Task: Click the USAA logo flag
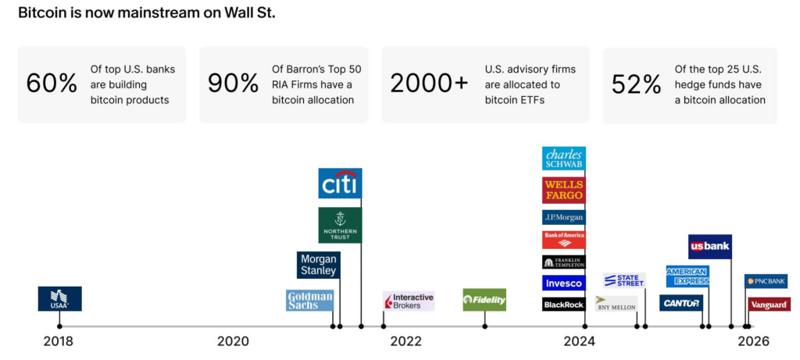[59, 298]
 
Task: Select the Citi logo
[340, 184]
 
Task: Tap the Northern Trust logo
[340, 225]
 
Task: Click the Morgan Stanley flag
[318, 265]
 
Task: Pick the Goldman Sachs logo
[309, 301]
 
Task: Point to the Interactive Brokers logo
[408, 301]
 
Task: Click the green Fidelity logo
[484, 300]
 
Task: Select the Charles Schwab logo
[564, 159]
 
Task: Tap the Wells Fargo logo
[564, 190]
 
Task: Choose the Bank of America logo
[564, 240]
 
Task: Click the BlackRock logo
[564, 304]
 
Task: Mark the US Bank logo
[709, 246]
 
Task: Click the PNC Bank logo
[766, 281]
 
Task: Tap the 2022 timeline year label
[405, 341]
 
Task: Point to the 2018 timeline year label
[58, 341]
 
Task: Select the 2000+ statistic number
[428, 84]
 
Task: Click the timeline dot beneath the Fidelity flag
[484, 326]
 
